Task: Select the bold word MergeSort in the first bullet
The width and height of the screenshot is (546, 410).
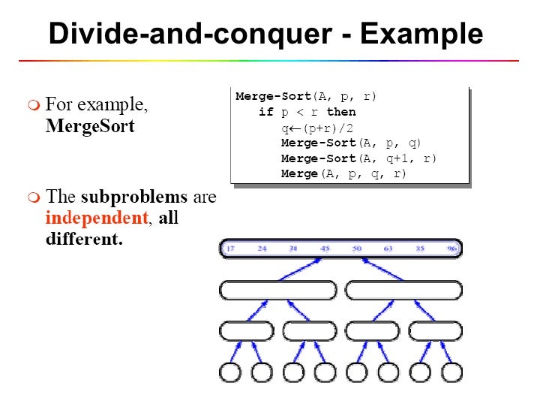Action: tap(90, 125)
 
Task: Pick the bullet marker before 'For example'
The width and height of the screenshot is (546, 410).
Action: tap(33, 105)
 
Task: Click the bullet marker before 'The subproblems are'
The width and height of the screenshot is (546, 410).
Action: tap(33, 198)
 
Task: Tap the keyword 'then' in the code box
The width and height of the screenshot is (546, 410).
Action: tap(341, 112)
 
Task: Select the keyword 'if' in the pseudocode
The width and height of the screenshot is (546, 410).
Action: tap(266, 112)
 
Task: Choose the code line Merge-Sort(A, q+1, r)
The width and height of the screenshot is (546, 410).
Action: tap(358, 158)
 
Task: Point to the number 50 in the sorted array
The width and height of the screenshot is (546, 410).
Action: tap(357, 249)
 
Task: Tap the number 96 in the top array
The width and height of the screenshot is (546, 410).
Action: tap(451, 249)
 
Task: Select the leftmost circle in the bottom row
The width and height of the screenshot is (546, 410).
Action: tap(230, 372)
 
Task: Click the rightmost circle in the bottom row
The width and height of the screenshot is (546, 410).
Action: tap(451, 372)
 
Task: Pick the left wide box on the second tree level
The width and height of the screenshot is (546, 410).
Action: tap(278, 291)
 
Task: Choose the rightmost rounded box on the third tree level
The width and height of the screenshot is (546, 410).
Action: tap(436, 330)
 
